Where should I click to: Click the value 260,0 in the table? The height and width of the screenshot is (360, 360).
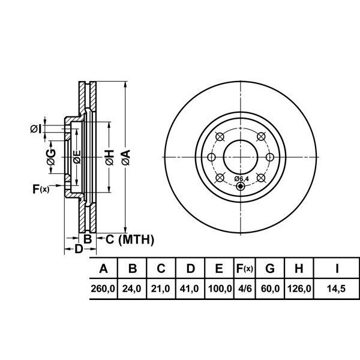[103, 289]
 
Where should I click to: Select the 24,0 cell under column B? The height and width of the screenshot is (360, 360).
[131, 289]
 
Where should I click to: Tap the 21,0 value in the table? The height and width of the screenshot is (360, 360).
[160, 289]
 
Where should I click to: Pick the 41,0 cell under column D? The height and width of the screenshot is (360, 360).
[189, 289]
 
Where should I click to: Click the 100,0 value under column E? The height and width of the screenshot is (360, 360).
[220, 289]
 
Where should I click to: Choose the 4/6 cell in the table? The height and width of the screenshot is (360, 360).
[245, 289]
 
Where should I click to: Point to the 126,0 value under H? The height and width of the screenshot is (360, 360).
[299, 289]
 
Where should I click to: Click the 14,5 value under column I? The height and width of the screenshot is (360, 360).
[336, 289]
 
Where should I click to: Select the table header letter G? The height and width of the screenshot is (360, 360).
[270, 268]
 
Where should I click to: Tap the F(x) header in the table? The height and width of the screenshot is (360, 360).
[245, 268]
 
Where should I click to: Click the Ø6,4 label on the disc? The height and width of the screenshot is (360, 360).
[242, 179]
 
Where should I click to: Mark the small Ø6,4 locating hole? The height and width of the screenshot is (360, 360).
[240, 186]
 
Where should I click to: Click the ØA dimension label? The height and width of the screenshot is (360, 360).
[126, 157]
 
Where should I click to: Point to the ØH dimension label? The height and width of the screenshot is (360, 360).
[110, 157]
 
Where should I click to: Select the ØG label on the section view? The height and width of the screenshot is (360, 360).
[51, 157]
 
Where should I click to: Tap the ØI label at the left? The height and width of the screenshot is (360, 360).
[36, 129]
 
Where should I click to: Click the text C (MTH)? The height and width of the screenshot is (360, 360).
[130, 239]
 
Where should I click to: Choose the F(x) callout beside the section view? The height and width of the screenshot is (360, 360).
[41, 189]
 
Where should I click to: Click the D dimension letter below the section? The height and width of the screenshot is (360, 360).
[79, 248]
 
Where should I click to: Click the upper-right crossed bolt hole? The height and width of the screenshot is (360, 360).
[261, 137]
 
